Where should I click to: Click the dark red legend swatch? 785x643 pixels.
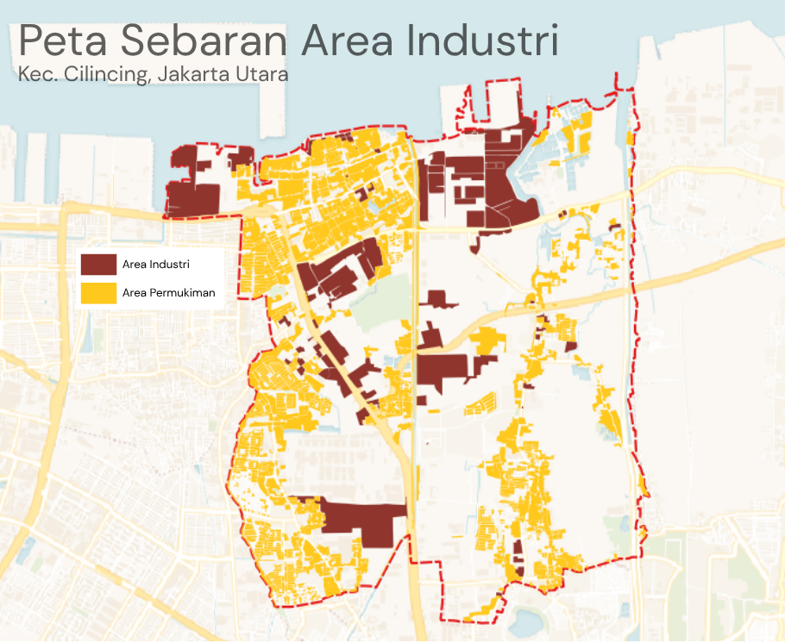[98, 264]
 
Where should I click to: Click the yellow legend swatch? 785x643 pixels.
[98, 293]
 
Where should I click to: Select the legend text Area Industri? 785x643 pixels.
[156, 264]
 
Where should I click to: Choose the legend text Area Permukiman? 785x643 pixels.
[169, 293]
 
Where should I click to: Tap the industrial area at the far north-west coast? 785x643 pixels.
[194, 194]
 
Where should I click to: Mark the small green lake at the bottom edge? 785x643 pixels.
[524, 620]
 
